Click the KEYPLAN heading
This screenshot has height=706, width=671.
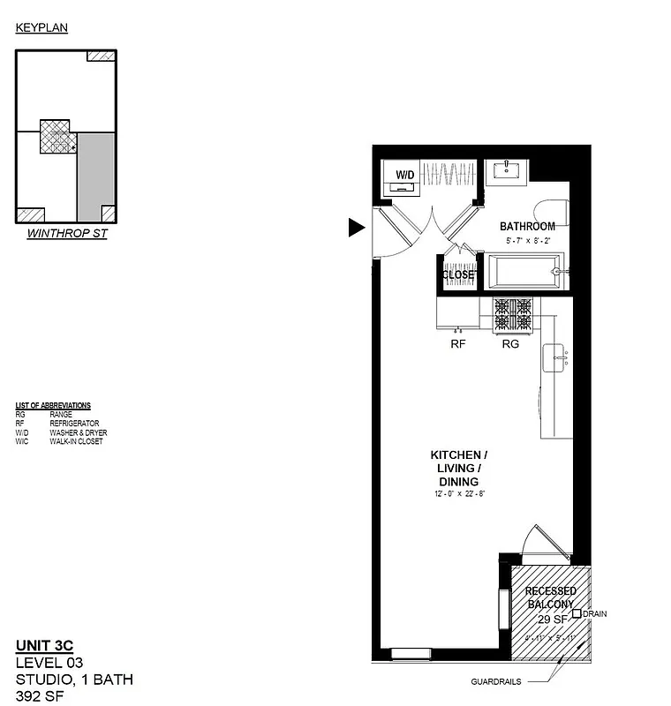click(x=41, y=28)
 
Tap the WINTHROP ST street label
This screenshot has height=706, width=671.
click(x=67, y=235)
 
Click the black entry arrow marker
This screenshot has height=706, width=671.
click(x=356, y=228)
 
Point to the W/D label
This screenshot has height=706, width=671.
click(x=405, y=174)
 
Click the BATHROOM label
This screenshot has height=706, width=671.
click(x=527, y=226)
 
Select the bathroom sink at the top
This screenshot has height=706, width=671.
click(x=509, y=170)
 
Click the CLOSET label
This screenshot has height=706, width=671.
click(x=458, y=274)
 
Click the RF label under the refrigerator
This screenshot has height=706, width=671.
click(x=458, y=345)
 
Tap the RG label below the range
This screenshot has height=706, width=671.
click(x=510, y=345)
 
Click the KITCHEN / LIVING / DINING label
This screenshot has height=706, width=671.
click(x=458, y=468)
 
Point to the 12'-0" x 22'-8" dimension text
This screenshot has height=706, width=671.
click(x=458, y=494)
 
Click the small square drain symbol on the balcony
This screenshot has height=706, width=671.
click(x=577, y=613)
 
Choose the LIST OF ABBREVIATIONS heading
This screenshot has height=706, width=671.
click(x=53, y=405)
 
